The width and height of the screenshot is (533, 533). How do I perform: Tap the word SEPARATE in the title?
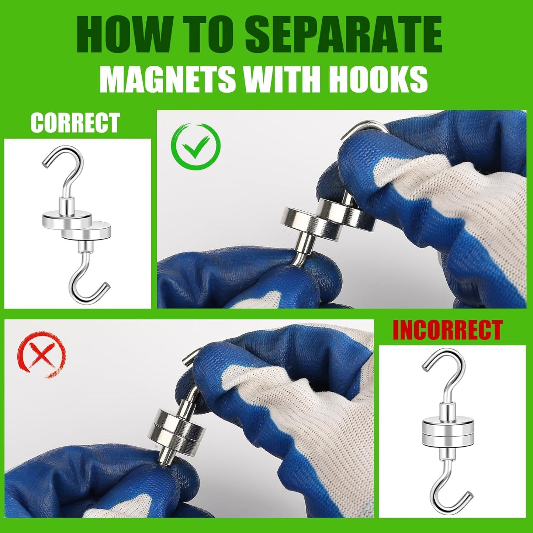(343, 35)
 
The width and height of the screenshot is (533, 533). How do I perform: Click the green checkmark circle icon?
(195, 146)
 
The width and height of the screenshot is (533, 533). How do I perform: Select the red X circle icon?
(41, 354)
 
